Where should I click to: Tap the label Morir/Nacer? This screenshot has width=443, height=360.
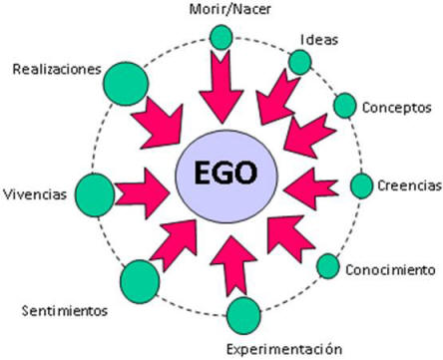coord(221,11)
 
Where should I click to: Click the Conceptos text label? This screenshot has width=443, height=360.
coord(396,107)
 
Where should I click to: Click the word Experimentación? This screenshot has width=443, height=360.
coord(283,348)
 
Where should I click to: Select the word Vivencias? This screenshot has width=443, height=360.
coord(35,193)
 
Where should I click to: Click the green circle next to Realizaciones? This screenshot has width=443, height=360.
coord(126,80)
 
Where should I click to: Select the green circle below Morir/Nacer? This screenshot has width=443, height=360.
coord(221,39)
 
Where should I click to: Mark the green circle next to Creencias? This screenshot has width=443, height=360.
coord(362,185)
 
